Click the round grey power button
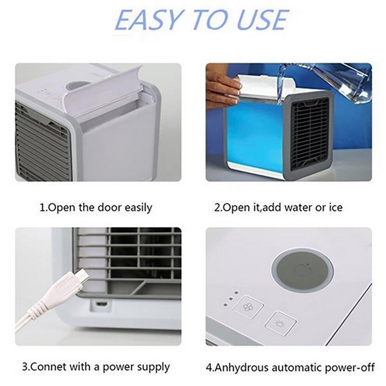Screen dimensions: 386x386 pyautogui.click(x=303, y=270)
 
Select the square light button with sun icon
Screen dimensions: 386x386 pyautogui.click(x=280, y=323)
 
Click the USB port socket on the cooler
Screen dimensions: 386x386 pyautogui.click(x=101, y=303)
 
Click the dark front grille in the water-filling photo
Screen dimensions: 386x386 pyautogui.click(x=310, y=133)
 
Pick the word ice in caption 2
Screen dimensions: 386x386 pyautogui.click(x=336, y=207)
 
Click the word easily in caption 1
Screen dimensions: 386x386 pyautogui.click(x=138, y=208)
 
